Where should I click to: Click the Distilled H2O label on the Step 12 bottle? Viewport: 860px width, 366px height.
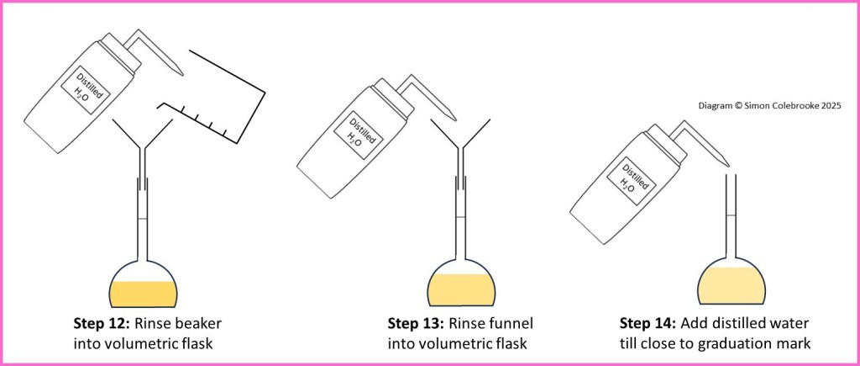[x=87, y=88]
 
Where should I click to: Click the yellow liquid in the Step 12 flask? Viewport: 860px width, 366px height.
[x=144, y=293]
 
